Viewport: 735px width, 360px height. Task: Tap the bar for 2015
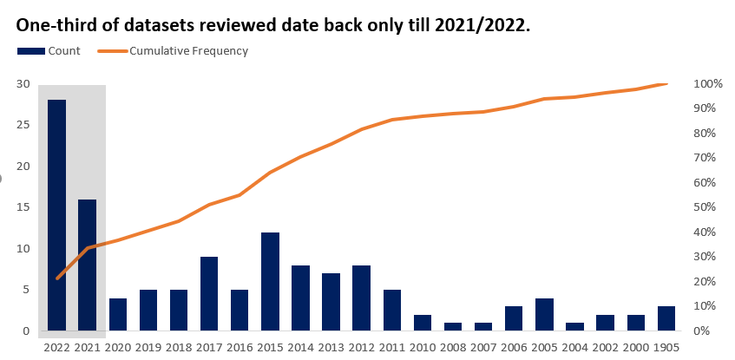pos(270,281)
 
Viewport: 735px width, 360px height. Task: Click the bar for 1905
pos(666,318)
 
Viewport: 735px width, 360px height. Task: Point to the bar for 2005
pos(544,314)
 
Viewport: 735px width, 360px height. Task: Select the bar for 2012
pos(361,298)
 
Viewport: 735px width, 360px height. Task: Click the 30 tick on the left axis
pos(23,84)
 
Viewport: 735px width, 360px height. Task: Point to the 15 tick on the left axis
pos(23,207)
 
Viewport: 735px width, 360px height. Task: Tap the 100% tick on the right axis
pos(708,84)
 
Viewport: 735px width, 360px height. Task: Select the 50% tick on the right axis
pos(708,207)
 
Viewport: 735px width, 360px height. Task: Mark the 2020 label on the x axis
pos(117,347)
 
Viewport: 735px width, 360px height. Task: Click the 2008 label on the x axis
pos(452,347)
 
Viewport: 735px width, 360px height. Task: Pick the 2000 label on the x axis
pos(635,347)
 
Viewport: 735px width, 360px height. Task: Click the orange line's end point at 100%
pos(666,84)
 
